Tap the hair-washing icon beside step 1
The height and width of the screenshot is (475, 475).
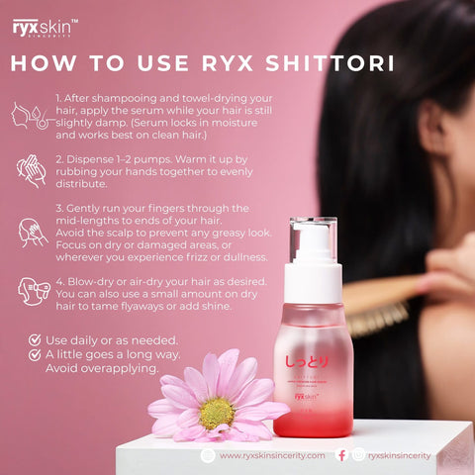[29, 116]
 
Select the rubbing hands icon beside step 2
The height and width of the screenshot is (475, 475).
[31, 170]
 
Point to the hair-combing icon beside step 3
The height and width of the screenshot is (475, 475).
[32, 234]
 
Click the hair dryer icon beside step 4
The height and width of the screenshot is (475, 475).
[31, 290]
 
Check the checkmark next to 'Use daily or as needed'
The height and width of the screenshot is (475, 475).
[35, 338]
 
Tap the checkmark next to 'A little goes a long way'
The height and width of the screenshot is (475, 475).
[35, 353]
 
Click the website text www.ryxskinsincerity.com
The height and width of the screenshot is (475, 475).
[271, 455]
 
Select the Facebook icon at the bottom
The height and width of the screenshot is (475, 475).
[341, 455]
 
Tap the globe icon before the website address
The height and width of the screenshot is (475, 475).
[208, 455]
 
